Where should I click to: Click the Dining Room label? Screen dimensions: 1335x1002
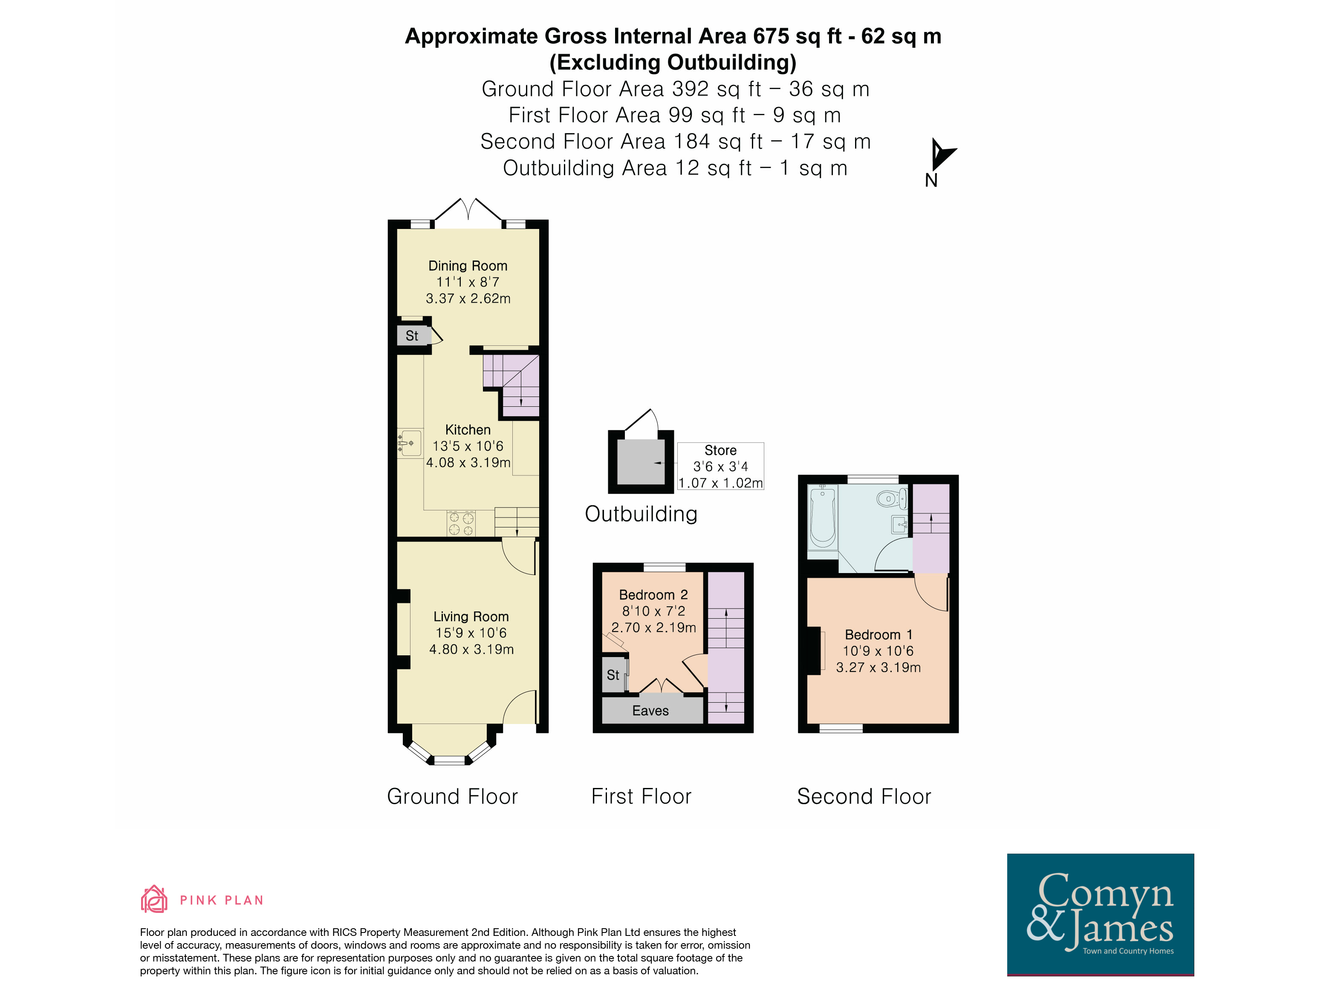[x=468, y=266]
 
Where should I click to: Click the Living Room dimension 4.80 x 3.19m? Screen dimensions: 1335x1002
[x=471, y=649]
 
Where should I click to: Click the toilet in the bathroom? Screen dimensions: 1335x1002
[x=891, y=498]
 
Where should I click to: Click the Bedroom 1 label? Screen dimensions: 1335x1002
[x=879, y=634]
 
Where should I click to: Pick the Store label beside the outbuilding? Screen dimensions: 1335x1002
[x=721, y=450]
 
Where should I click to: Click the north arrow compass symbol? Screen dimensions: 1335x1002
[x=942, y=154]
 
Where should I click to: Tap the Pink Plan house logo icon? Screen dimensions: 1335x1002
[x=154, y=899]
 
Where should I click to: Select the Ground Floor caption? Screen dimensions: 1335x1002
[x=453, y=797]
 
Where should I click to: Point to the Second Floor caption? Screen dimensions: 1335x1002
[x=864, y=797]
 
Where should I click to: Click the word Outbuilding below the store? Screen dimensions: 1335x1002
[x=641, y=514]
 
